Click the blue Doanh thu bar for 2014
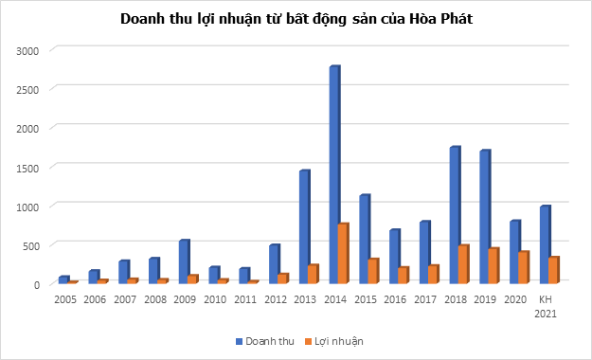point(334,175)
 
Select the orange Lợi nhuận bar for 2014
point(343,254)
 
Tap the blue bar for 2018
point(455,215)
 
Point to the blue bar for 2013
point(304,227)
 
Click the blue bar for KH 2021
point(544,244)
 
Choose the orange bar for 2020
point(523,267)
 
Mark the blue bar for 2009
point(184,262)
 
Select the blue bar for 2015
point(364,240)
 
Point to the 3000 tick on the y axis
point(30,49)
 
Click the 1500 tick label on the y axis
point(30,167)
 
